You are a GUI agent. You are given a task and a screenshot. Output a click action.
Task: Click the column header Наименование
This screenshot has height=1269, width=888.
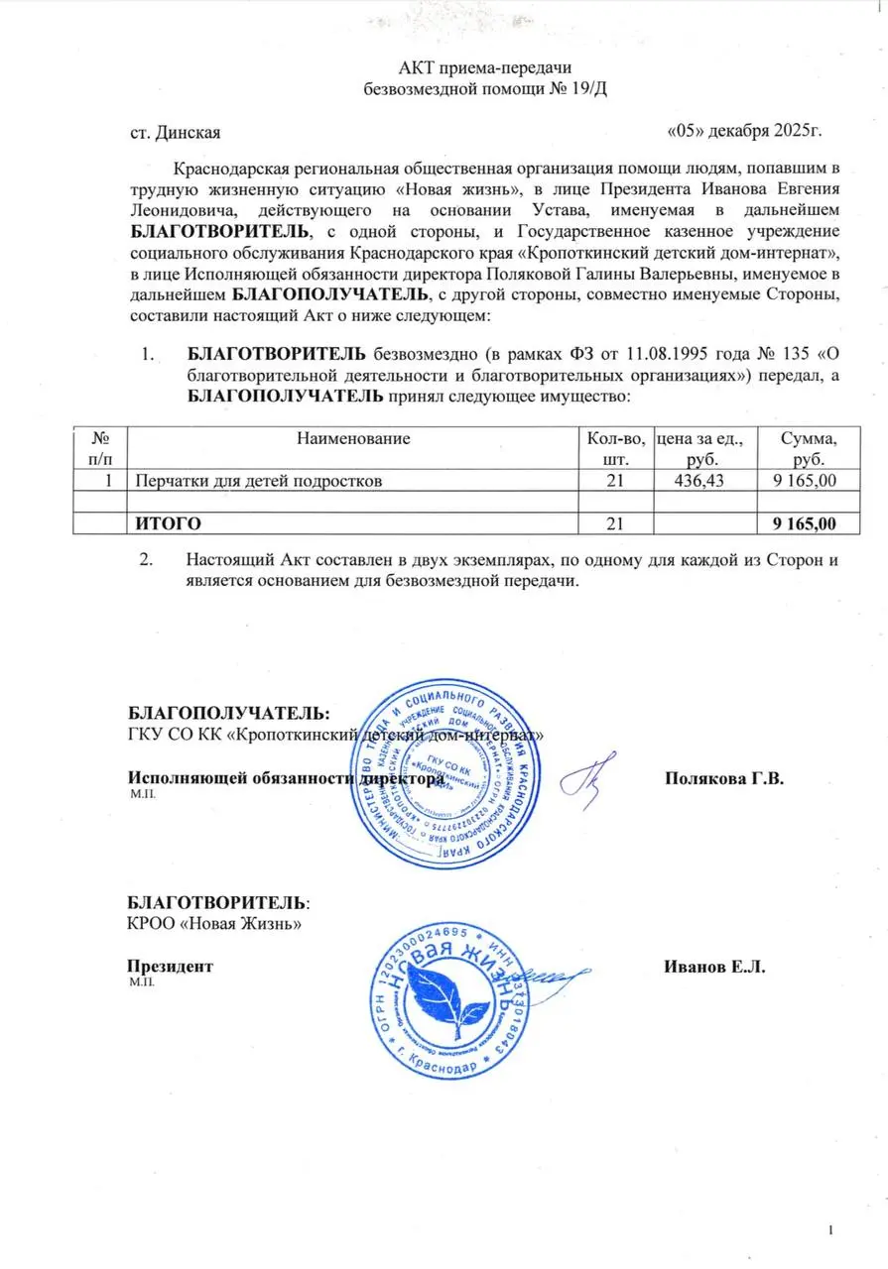(352, 437)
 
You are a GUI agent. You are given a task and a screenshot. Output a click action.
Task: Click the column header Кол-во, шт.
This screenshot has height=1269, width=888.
(617, 447)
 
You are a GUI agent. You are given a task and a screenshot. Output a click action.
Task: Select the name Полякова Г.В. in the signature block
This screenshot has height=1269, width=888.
(724, 779)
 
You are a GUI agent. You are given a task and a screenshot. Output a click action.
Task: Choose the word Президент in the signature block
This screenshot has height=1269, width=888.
(170, 967)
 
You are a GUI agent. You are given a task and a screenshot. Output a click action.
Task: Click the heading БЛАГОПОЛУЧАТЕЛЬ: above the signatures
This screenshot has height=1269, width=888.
(228, 713)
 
